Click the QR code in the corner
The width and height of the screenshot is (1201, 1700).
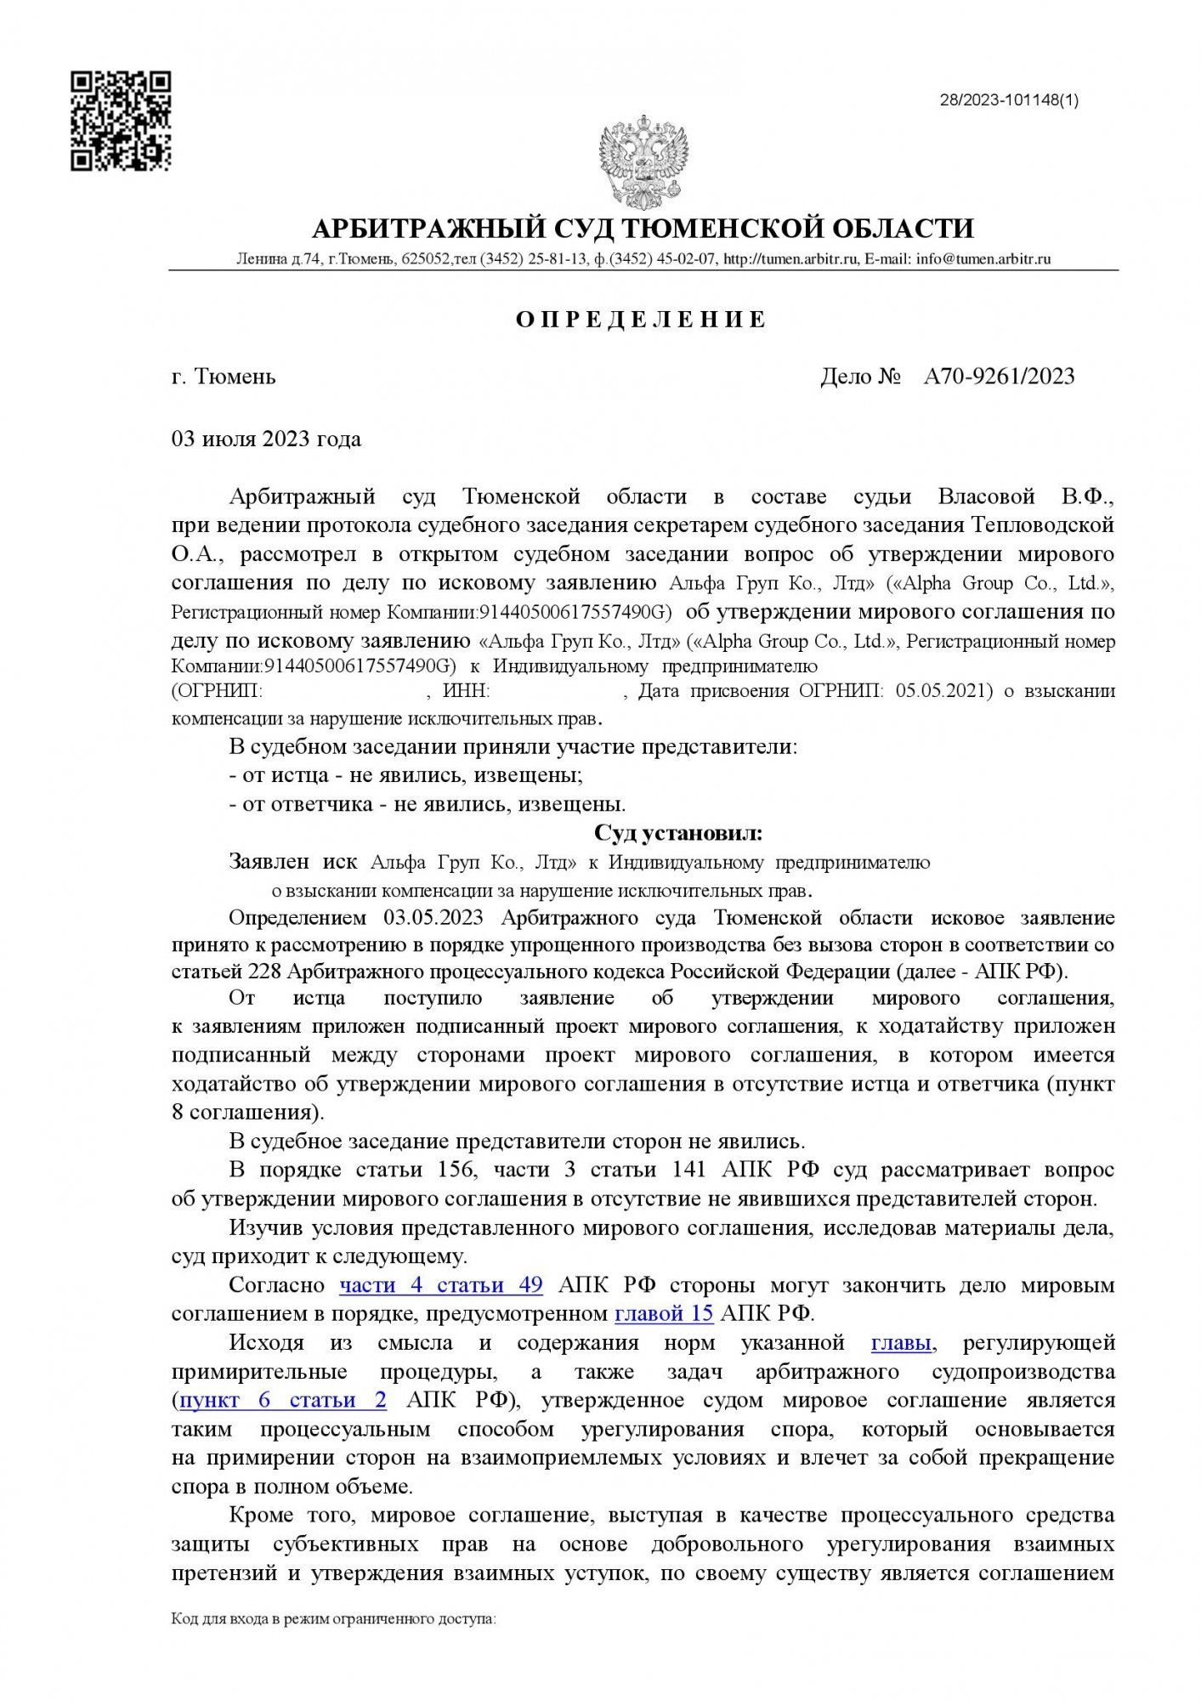click(x=121, y=122)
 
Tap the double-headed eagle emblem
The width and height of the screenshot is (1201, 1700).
click(x=643, y=163)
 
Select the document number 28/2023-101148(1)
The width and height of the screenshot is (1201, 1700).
click(x=1008, y=100)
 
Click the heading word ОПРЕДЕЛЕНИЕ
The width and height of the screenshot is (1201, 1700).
click(x=642, y=320)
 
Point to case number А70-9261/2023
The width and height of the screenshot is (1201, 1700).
click(x=999, y=376)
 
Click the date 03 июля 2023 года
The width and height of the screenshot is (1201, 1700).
click(x=266, y=439)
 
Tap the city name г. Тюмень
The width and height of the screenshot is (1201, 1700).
click(x=224, y=376)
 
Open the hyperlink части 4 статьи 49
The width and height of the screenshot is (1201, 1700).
click(x=441, y=1284)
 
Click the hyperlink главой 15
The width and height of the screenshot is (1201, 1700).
click(x=663, y=1313)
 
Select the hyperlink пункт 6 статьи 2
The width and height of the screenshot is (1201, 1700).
click(x=283, y=1400)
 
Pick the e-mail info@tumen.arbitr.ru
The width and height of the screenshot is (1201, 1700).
click(x=983, y=259)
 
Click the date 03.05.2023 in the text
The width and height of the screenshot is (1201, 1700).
click(x=433, y=918)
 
